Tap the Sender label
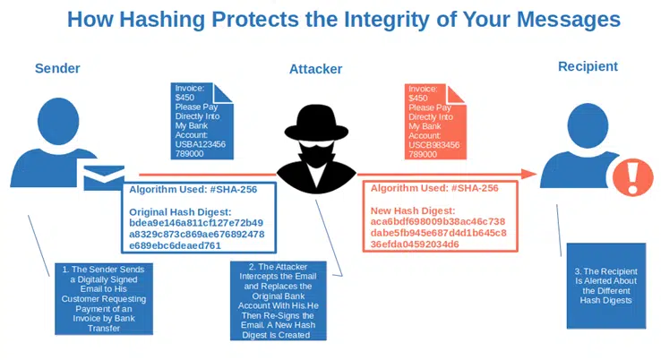(57, 68)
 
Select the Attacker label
(315, 69)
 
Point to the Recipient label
(588, 66)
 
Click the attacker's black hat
(316, 123)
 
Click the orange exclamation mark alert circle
(632, 177)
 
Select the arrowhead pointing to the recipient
(528, 174)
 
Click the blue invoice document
(202, 121)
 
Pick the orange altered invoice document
(435, 122)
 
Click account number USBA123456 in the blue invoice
(201, 144)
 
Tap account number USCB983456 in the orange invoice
(434, 145)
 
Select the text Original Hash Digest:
(180, 212)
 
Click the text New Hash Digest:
(413, 210)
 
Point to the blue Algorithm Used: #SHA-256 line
(193, 189)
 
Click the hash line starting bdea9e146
(196, 223)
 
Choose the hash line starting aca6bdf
(438, 222)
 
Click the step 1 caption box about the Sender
(104, 299)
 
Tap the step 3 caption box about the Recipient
(606, 286)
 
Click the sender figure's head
(58, 121)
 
